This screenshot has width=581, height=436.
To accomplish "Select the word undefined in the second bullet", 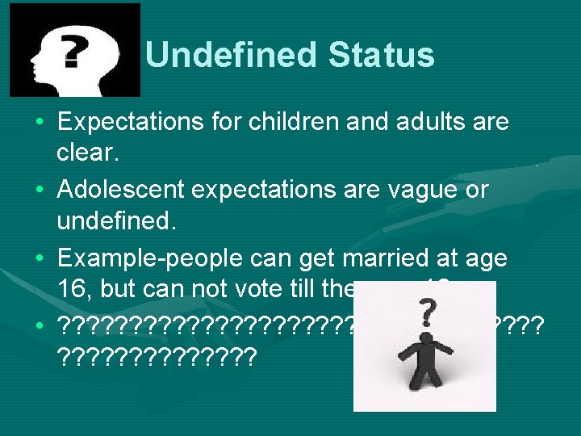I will (x=105, y=220).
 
